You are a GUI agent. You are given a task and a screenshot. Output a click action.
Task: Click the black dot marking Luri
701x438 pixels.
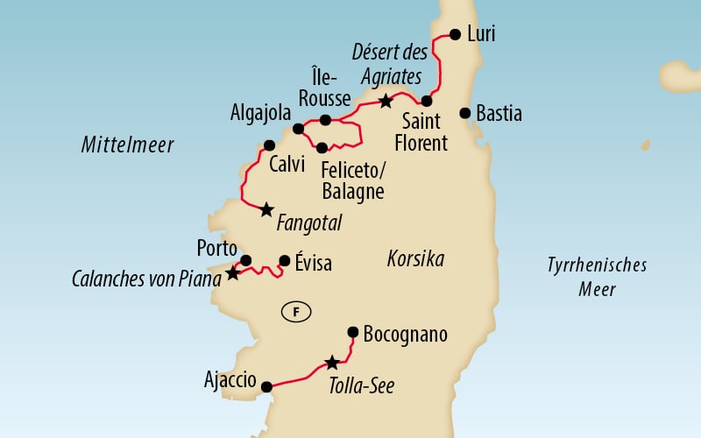pyautogui.click(x=455, y=35)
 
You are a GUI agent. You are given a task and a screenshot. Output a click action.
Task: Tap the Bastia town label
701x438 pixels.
pyautogui.click(x=501, y=114)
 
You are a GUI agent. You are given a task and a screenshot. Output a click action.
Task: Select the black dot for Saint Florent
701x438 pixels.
pyautogui.click(x=427, y=101)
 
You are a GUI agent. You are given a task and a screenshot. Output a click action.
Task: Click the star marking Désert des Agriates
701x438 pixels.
pyautogui.click(x=386, y=102)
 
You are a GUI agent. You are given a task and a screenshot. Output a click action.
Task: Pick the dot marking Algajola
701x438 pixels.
pyautogui.click(x=298, y=129)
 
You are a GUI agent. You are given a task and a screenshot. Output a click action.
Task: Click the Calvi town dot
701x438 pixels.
pyautogui.click(x=269, y=145)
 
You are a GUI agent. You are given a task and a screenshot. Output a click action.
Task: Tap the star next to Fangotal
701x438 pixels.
pyautogui.click(x=266, y=209)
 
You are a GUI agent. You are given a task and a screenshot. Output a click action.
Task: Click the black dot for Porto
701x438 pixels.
pyautogui.click(x=246, y=260)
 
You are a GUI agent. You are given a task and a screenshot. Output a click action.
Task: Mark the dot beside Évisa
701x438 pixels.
pyautogui.click(x=284, y=260)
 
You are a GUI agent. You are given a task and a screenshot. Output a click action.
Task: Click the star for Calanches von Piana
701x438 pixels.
pyautogui.click(x=231, y=273)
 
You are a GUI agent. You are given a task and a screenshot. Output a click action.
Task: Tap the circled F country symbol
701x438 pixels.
pyautogui.click(x=295, y=310)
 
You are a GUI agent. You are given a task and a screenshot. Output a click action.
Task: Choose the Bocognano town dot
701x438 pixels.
pyautogui.click(x=352, y=332)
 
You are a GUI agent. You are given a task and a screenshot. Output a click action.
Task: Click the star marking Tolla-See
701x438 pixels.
pyautogui.click(x=331, y=363)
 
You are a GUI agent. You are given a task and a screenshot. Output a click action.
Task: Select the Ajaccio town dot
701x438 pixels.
pyautogui.click(x=267, y=385)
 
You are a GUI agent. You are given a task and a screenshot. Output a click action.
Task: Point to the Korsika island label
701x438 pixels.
pyautogui.click(x=415, y=259)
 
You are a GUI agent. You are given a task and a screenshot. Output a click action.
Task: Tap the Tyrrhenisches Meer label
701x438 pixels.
pyautogui.click(x=596, y=276)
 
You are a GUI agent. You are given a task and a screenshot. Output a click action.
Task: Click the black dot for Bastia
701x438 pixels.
pyautogui.click(x=465, y=113)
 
